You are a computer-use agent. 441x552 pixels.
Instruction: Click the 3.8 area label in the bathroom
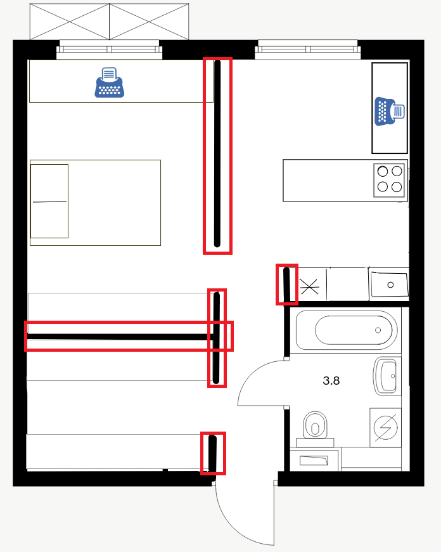(x=331, y=380)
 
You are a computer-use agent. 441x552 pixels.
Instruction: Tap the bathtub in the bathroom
(x=347, y=330)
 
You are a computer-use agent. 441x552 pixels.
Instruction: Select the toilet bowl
(x=315, y=426)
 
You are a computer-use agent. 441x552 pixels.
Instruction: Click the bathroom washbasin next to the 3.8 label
(x=387, y=376)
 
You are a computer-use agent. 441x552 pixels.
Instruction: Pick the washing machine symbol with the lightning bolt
(x=386, y=427)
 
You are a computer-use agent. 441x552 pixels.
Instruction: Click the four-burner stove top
(x=389, y=179)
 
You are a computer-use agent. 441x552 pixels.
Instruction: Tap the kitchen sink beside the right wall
(x=389, y=285)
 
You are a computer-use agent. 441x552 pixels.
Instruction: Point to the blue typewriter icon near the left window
(x=110, y=82)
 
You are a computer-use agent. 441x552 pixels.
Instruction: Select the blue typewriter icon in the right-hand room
(x=390, y=112)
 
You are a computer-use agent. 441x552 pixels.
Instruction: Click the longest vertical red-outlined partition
(x=217, y=156)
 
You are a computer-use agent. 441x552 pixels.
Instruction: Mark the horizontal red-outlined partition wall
(x=129, y=336)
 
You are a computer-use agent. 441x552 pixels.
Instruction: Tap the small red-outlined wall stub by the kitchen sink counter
(x=287, y=285)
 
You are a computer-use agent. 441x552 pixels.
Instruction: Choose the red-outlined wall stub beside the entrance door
(x=213, y=453)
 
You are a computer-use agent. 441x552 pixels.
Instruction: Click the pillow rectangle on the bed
(x=49, y=201)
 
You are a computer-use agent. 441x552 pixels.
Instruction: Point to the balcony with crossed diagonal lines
(x=109, y=22)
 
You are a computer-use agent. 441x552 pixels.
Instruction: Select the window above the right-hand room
(x=308, y=49)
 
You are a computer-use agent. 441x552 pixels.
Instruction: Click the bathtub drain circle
(x=378, y=330)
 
